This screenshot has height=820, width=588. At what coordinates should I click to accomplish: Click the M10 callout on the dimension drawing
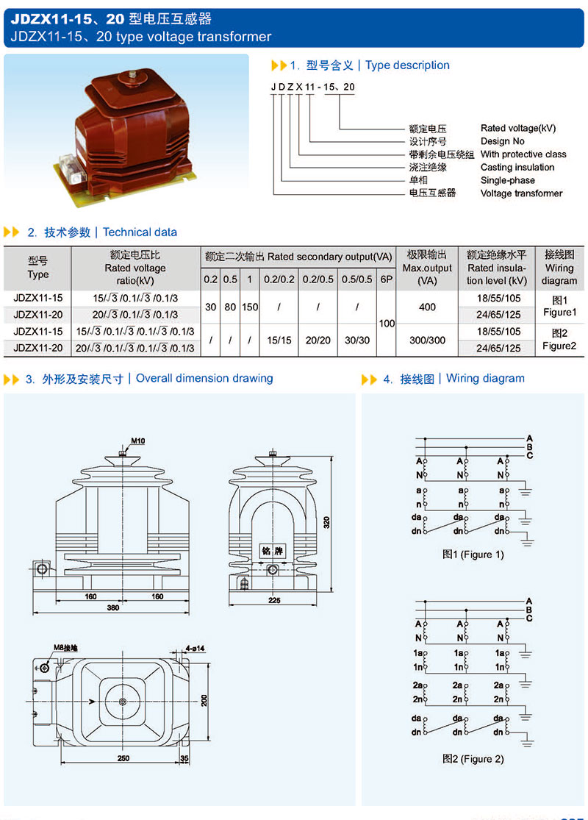pos(138,441)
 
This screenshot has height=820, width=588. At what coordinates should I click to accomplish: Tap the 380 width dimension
pos(112,608)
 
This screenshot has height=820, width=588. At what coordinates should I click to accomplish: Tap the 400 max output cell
pos(427,307)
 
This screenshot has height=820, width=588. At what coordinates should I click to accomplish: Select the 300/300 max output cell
pos(427,341)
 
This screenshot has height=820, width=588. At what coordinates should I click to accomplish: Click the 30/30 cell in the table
pos(358,341)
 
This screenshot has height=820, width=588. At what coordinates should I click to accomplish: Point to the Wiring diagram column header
pos(559,268)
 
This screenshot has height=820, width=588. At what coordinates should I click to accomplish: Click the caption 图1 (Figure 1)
pos(473,555)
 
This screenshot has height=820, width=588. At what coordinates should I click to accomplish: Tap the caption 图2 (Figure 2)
pos(473,758)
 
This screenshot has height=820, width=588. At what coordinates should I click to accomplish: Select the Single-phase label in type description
pos(508,180)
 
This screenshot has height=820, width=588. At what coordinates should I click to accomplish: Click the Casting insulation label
pos(517,167)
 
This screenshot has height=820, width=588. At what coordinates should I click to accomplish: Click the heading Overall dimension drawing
pos(204,378)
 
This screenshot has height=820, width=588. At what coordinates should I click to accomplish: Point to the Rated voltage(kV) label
pos(518,128)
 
